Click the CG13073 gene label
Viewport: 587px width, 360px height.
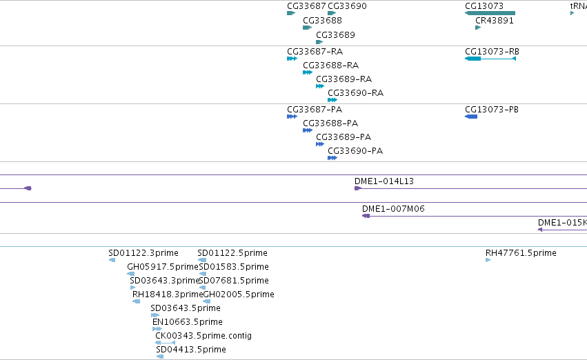click(x=484, y=6)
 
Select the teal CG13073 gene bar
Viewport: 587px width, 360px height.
click(x=490, y=13)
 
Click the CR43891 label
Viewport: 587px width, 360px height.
click(x=494, y=21)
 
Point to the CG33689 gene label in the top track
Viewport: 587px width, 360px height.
click(x=335, y=34)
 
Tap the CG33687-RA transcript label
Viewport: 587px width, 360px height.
click(x=315, y=51)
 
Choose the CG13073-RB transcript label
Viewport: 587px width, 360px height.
click(x=492, y=51)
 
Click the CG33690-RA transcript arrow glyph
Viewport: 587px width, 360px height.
click(x=332, y=100)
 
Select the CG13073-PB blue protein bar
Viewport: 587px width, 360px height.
click(x=471, y=117)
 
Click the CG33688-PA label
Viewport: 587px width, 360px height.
click(x=330, y=123)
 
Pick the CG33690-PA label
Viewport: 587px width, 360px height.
click(x=355, y=151)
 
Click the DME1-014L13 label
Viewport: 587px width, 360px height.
click(x=384, y=181)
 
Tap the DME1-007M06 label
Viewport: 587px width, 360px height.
click(x=393, y=209)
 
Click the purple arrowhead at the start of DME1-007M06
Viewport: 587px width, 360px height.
click(x=366, y=216)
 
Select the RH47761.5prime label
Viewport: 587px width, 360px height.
click(x=521, y=253)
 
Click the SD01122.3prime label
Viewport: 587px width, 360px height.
click(x=143, y=253)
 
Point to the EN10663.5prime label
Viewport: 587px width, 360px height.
click(x=187, y=322)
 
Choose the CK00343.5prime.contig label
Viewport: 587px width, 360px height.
click(x=203, y=336)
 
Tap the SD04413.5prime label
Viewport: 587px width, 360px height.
click(x=191, y=350)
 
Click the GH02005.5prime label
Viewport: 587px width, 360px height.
click(x=239, y=294)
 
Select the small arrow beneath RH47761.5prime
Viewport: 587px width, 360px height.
click(x=488, y=260)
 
